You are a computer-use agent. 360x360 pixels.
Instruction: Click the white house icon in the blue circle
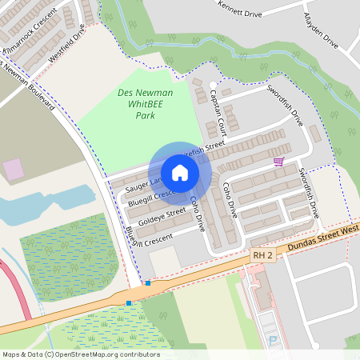[x=180, y=173]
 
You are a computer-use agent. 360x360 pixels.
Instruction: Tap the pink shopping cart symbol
[x=278, y=162]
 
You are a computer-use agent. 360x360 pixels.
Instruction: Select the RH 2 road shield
[x=263, y=255]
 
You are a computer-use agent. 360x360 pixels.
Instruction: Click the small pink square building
[x=13, y=169]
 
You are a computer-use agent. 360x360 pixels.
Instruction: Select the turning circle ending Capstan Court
[x=212, y=85]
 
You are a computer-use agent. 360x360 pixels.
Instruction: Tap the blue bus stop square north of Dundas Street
[x=148, y=282]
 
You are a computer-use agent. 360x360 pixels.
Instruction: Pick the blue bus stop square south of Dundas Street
[x=129, y=302]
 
